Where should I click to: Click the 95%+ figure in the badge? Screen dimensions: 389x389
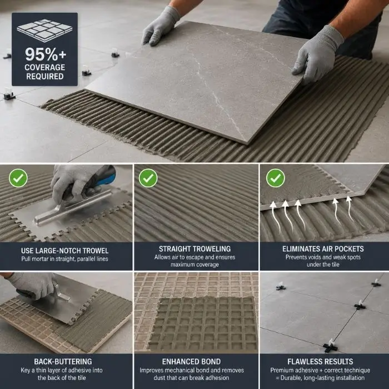point(46,54)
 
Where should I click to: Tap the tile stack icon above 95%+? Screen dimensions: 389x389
point(44,30)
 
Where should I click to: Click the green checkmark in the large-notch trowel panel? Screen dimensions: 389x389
point(18,178)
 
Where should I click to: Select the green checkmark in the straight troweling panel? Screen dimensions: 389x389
point(148,178)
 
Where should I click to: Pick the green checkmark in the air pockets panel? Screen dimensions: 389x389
point(276,178)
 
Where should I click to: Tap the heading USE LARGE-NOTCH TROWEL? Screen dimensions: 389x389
point(65,251)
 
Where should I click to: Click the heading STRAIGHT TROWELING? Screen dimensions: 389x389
point(194,249)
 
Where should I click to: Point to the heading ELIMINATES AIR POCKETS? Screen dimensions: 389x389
point(323,249)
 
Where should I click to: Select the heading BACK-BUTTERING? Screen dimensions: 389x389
point(63,361)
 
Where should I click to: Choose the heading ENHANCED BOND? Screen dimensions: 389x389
point(191,361)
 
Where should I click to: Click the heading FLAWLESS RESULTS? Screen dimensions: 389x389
point(320,361)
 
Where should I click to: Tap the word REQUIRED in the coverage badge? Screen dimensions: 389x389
point(45,77)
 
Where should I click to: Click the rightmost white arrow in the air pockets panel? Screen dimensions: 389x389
point(350,208)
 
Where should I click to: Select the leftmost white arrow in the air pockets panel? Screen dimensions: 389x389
point(276,216)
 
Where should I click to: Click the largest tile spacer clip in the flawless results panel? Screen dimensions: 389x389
point(331,346)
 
